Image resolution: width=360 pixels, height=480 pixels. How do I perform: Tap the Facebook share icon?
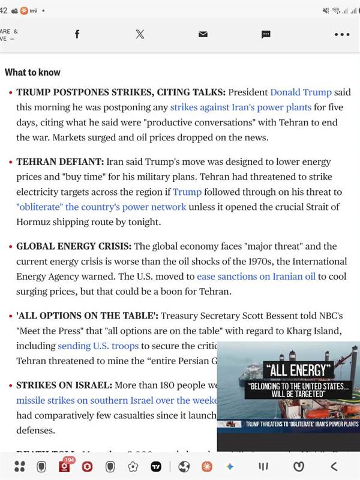pos(77,34)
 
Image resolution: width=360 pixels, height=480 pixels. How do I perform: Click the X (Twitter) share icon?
pos(140,34)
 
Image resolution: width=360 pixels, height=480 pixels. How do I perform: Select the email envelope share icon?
pos(203,34)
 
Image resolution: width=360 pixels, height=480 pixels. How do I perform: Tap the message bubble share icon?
pos(266,34)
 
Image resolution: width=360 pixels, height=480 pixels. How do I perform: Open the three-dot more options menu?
pos(341,34)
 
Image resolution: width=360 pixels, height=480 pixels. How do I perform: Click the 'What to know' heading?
pos(32,72)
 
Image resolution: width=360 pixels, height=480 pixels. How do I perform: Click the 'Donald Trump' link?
pos(301,92)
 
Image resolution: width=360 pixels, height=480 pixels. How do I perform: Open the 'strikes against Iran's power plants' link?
pos(241,107)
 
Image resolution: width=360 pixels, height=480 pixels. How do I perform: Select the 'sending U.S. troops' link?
pos(98,346)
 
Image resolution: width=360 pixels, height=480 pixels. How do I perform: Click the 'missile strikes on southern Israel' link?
pos(112,400)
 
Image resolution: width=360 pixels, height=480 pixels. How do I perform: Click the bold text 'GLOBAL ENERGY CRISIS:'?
pos(74,246)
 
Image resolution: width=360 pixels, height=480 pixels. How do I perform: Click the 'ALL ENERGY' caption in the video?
pos(298,370)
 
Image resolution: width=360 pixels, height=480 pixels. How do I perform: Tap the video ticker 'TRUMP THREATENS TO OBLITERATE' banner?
pos(301,424)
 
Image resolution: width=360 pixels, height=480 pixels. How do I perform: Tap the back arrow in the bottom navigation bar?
pos(334,466)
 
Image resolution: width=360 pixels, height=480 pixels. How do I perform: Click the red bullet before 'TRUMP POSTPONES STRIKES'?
pos(10,93)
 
